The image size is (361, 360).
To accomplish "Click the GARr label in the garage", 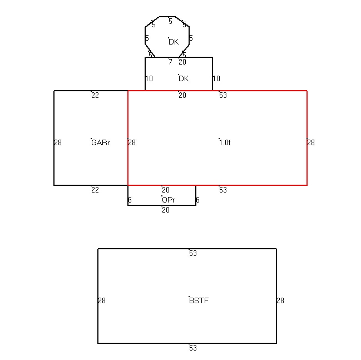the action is click(100, 143).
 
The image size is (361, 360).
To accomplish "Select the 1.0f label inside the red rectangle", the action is click(225, 143).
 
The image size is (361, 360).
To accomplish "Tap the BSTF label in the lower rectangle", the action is click(199, 300).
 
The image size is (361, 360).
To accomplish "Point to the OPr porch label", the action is click(169, 200).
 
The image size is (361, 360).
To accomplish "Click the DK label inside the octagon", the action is click(174, 42).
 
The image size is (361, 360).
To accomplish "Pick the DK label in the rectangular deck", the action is click(184, 79).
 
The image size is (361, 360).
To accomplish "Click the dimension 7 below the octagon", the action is click(170, 62).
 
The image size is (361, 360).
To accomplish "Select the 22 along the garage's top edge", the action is click(95, 95).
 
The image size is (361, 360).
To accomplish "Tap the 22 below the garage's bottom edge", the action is click(95, 190).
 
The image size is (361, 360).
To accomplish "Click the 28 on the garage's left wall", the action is click(58, 143).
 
